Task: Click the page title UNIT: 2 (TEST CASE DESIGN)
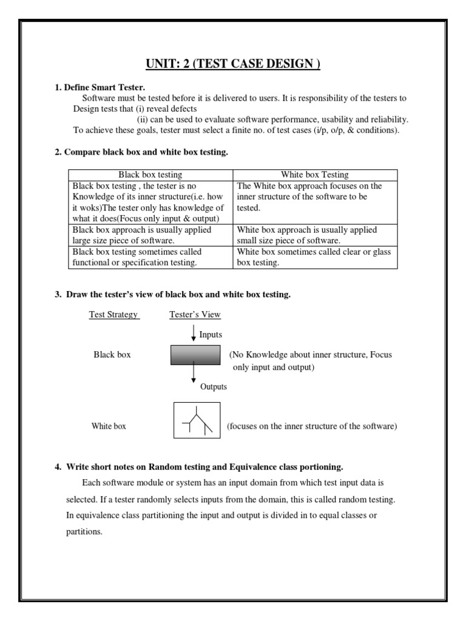click(233, 64)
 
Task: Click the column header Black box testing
click(150, 175)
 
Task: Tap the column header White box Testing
click(314, 175)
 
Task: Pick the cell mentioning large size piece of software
click(150, 235)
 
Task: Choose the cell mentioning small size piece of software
click(315, 235)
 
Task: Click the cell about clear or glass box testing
click(315, 257)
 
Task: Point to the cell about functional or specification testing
click(150, 257)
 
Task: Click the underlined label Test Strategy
click(114, 315)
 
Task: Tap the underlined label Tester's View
click(195, 315)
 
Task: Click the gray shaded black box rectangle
click(195, 355)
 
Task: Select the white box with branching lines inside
click(197, 420)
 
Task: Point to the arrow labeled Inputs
click(194, 333)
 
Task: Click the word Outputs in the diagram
click(214, 387)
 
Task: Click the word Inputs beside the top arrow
click(211, 335)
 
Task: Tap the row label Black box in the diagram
click(112, 355)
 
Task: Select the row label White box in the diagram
click(109, 426)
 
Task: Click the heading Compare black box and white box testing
click(141, 152)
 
